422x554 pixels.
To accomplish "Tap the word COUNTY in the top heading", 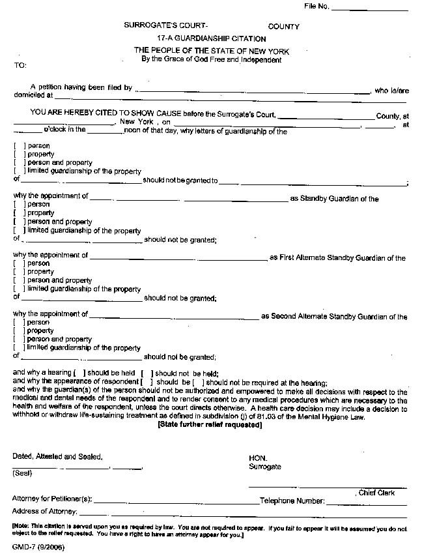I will pos(283,27).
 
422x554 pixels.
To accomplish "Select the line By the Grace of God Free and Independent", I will pos(212,60).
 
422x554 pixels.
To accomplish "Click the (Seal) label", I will pos(22,473).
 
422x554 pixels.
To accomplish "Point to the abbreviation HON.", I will pos(258,458).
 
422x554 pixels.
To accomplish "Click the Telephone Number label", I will pos(292,501).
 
